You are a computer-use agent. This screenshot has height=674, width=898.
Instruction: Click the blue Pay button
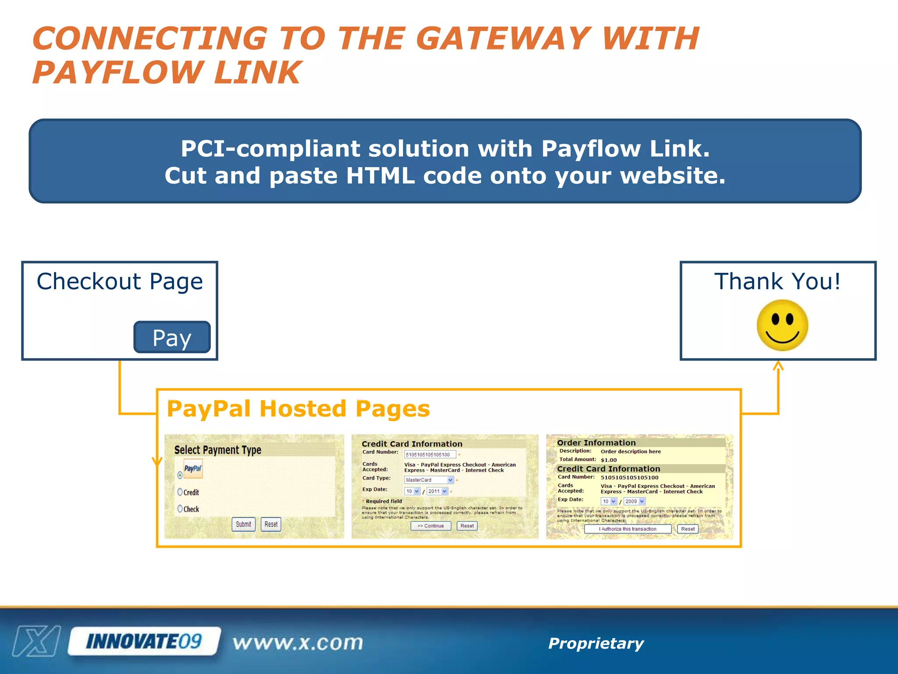(x=172, y=337)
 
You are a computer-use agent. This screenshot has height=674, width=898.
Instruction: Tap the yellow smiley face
(x=782, y=325)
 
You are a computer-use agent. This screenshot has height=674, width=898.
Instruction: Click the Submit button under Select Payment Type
(x=243, y=524)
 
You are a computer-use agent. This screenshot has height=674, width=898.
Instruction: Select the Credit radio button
(x=180, y=492)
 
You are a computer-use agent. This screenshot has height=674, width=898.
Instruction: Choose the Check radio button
(x=180, y=509)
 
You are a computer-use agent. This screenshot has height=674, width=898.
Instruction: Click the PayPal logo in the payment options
(x=193, y=469)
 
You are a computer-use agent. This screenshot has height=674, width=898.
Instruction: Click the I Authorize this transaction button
(x=627, y=529)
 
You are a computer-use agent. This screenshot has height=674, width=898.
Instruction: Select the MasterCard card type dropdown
(x=428, y=480)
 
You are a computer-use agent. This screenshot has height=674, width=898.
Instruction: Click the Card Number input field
(x=430, y=455)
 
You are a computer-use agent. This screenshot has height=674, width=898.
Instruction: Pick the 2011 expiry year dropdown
(x=437, y=491)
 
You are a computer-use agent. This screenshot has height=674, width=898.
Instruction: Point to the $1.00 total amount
(x=609, y=460)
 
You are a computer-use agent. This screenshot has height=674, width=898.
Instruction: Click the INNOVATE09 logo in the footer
(x=144, y=642)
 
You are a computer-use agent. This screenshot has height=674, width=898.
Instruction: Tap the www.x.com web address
(x=298, y=643)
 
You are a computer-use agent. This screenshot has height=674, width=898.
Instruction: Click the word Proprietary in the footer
(x=596, y=643)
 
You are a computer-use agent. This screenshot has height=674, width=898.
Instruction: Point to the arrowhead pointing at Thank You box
(x=778, y=365)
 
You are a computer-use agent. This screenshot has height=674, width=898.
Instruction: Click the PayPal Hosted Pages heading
(x=298, y=409)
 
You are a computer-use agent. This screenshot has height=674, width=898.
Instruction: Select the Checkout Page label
(x=120, y=281)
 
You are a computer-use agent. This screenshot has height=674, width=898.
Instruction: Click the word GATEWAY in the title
(x=503, y=39)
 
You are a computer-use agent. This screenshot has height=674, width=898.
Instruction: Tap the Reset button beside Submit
(x=271, y=524)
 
